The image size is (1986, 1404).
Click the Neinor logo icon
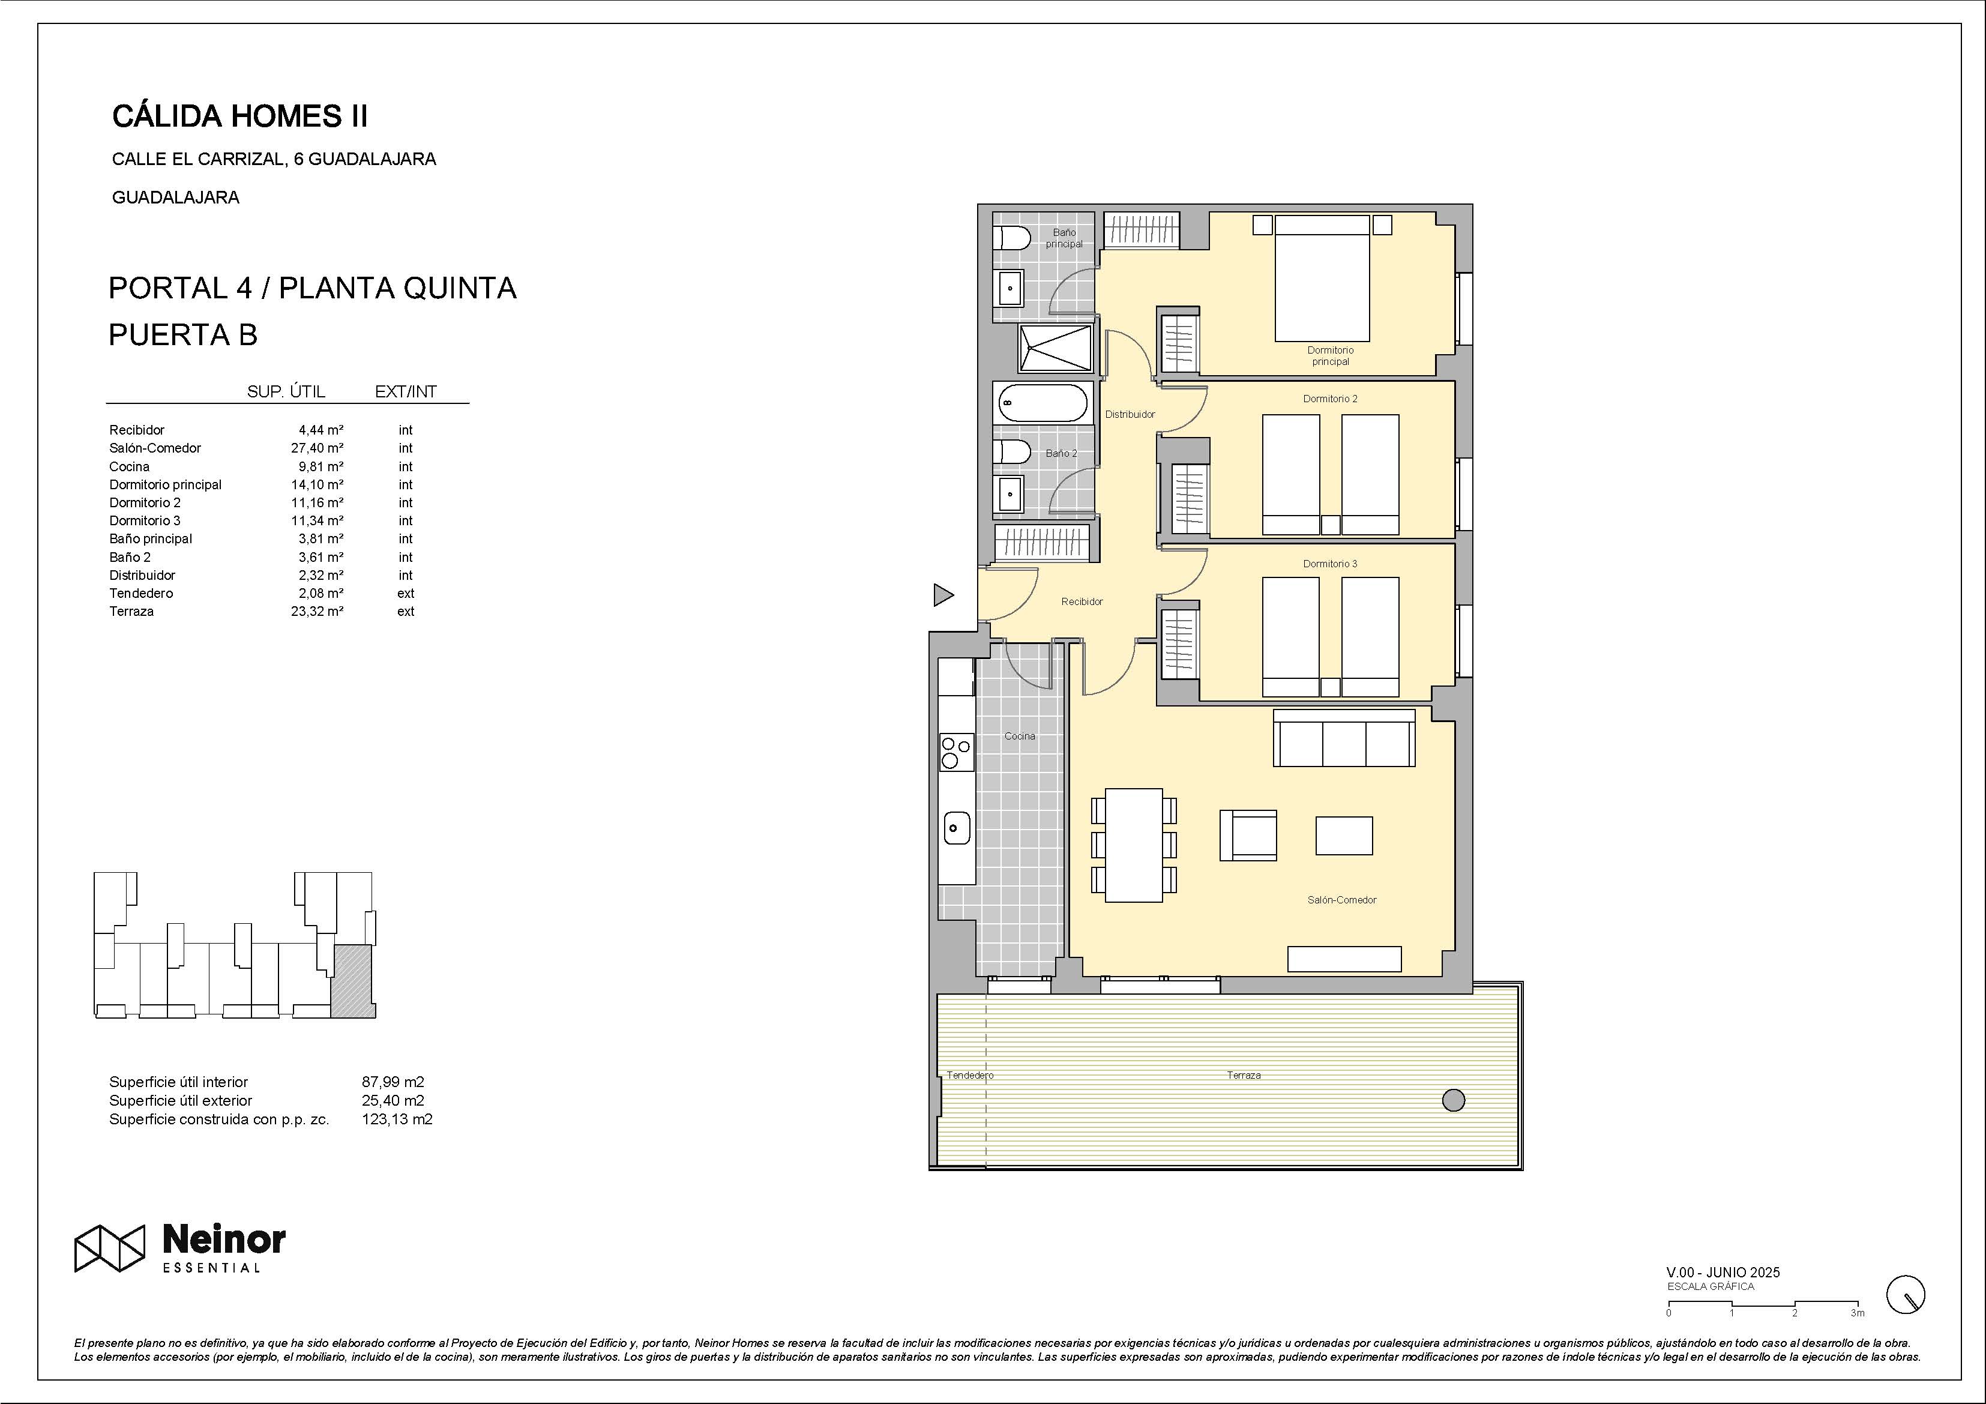click(109, 1249)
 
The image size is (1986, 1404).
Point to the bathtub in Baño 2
click(1043, 402)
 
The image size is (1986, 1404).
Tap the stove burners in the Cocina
click(956, 752)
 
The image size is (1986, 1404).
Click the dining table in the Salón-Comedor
click(1134, 845)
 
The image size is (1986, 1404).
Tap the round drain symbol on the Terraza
click(1454, 1100)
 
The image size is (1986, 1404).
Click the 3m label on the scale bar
click(1857, 1313)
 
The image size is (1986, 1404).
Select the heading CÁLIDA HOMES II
click(241, 116)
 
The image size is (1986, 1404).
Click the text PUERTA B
click(184, 335)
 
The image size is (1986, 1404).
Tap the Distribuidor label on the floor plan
click(1130, 414)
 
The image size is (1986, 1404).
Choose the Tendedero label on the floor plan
click(970, 1075)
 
